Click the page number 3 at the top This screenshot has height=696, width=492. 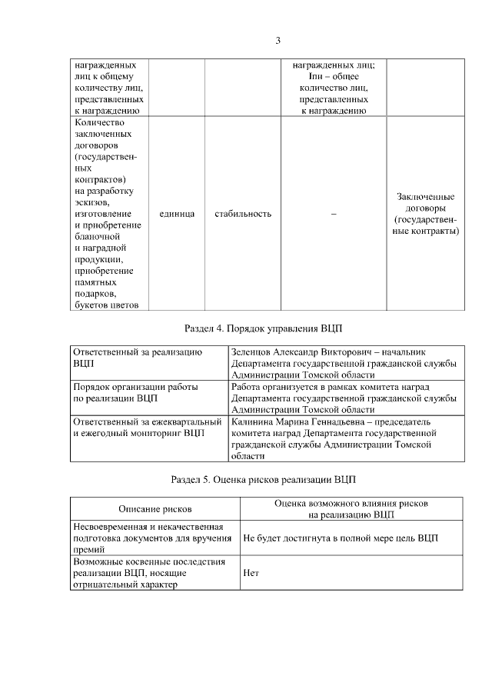(x=278, y=40)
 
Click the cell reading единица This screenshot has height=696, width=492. (x=176, y=213)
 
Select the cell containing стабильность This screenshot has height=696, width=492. (x=243, y=213)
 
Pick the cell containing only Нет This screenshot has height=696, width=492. (x=250, y=573)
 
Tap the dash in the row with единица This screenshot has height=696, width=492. (x=333, y=213)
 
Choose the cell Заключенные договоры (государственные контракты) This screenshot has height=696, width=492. (x=425, y=213)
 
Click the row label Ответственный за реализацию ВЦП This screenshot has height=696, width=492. (x=138, y=357)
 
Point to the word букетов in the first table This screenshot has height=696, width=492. (x=91, y=305)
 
